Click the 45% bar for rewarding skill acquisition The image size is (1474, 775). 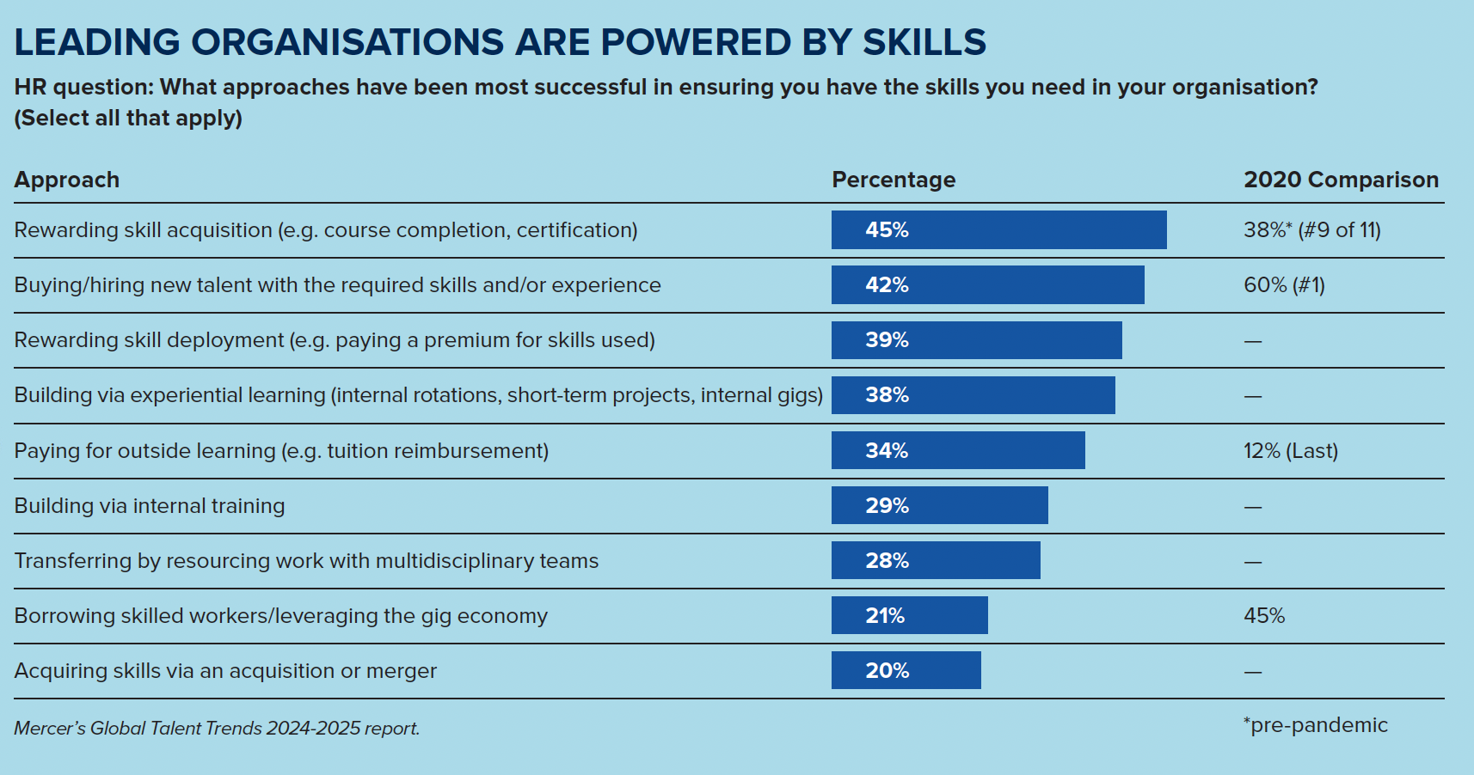(998, 230)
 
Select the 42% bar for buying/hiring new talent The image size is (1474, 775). (987, 285)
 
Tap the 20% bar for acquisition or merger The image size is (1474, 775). (906, 670)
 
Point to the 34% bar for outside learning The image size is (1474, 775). (958, 450)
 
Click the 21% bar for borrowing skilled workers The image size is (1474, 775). (909, 615)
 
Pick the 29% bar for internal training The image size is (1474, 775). (939, 505)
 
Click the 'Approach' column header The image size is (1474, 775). (67, 180)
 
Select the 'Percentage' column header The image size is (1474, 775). (894, 180)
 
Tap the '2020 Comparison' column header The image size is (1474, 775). (1341, 180)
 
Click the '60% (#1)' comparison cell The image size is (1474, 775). (1284, 285)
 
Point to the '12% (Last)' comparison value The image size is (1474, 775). (1291, 451)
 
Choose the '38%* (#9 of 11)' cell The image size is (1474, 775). (1312, 230)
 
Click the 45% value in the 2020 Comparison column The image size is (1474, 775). (1264, 616)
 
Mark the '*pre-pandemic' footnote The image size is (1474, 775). (1316, 725)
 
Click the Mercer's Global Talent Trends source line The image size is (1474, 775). (217, 729)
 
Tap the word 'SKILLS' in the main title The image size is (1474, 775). (924, 42)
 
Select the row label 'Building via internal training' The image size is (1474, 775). (150, 506)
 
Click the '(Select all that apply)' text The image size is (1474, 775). (128, 118)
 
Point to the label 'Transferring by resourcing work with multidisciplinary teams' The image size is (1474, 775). (306, 561)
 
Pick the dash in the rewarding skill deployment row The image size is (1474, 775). (1253, 341)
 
